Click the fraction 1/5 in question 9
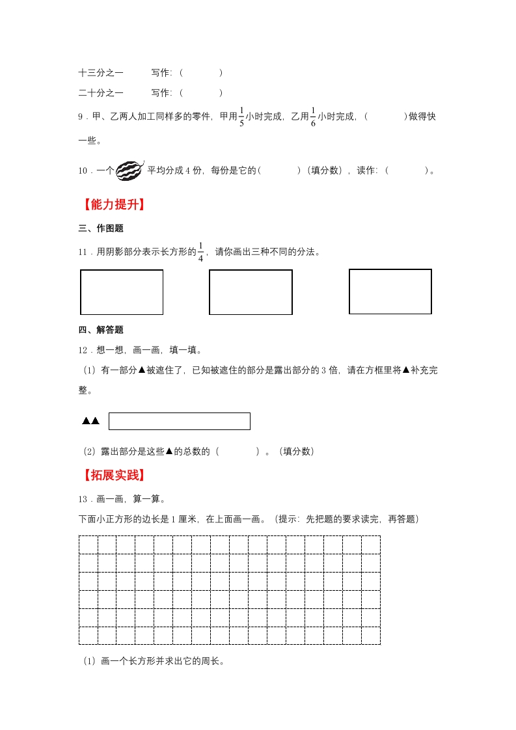click(x=241, y=116)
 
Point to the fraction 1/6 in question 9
click(x=312, y=116)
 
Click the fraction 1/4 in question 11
click(x=200, y=252)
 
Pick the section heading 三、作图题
click(x=101, y=228)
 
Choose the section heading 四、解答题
click(x=101, y=330)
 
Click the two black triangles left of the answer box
click(x=90, y=421)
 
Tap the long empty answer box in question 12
click(x=179, y=421)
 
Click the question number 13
click(x=83, y=499)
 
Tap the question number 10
click(x=83, y=171)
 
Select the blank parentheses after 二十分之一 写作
click(x=200, y=93)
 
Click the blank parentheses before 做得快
click(x=386, y=117)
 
